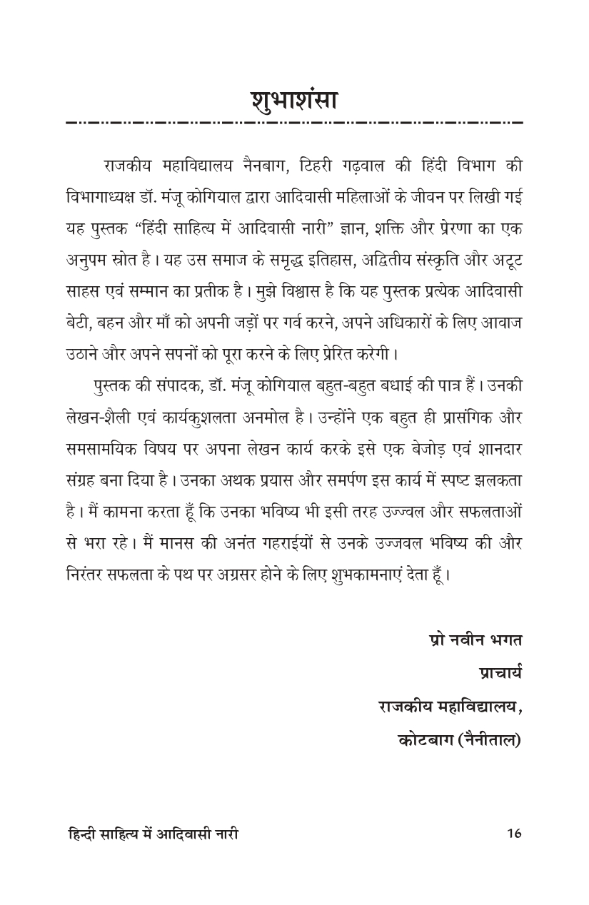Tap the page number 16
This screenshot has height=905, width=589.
513,833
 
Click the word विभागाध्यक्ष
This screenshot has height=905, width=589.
99,196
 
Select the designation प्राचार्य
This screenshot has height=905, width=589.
500,673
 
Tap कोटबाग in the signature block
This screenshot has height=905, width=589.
423,739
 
